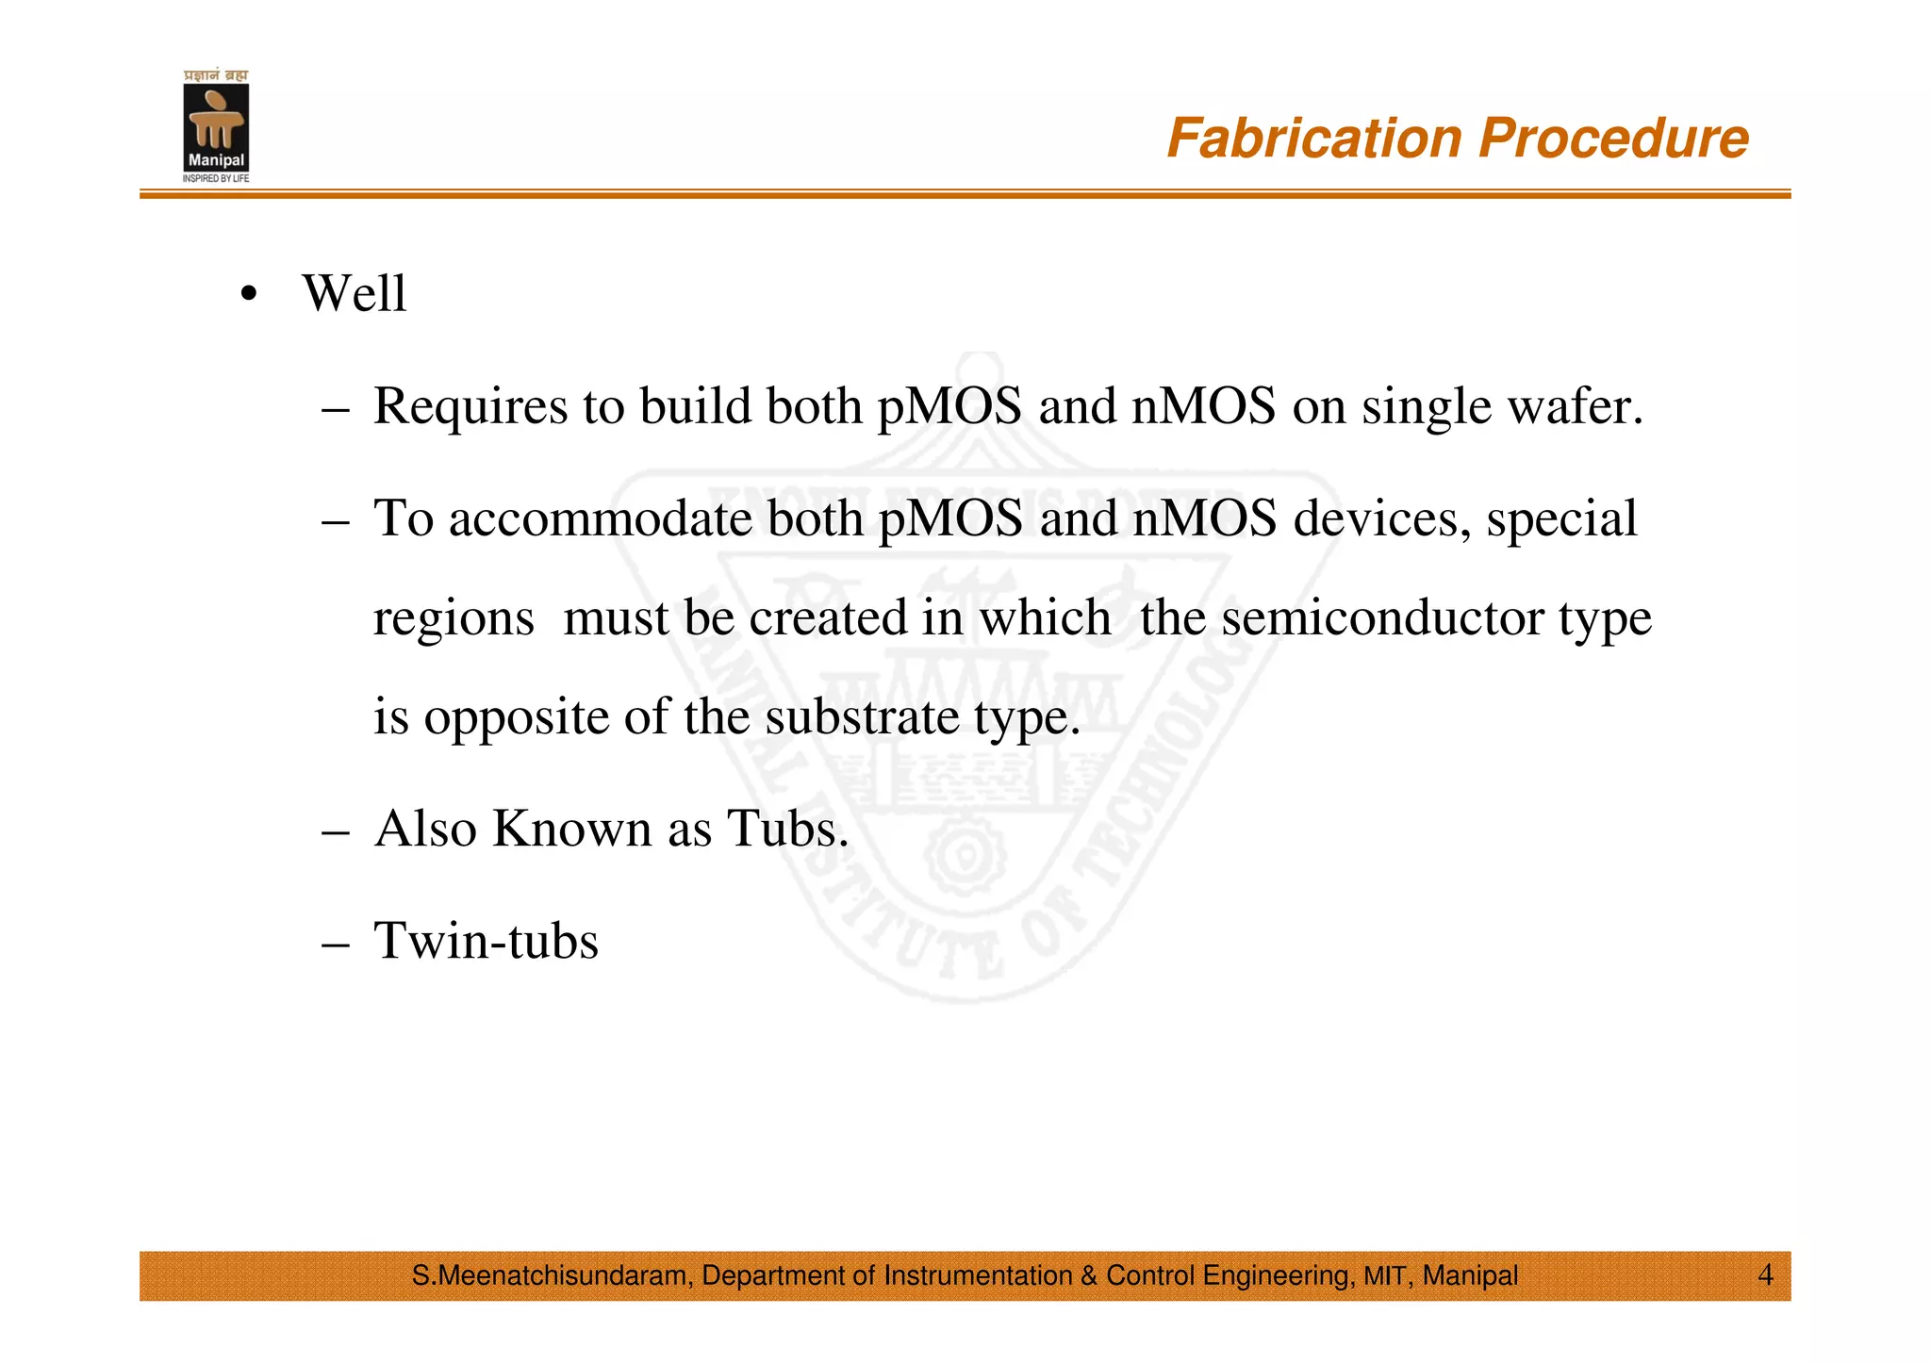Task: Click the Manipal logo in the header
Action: pyautogui.click(x=216, y=126)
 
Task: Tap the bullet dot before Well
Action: pyautogui.click(x=248, y=294)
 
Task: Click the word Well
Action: pyautogui.click(x=355, y=293)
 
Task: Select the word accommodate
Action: pyautogui.click(x=602, y=519)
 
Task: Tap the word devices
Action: pyautogui.click(x=1382, y=519)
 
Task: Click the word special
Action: pyautogui.click(x=1562, y=519)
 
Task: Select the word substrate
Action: pyautogui.click(x=862, y=717)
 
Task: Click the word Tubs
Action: pyautogui.click(x=788, y=829)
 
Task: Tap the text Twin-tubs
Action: pyautogui.click(x=486, y=941)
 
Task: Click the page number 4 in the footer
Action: pyautogui.click(x=1765, y=1275)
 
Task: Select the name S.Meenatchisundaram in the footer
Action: pyautogui.click(x=553, y=1276)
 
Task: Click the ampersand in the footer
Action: pyautogui.click(x=1089, y=1276)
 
